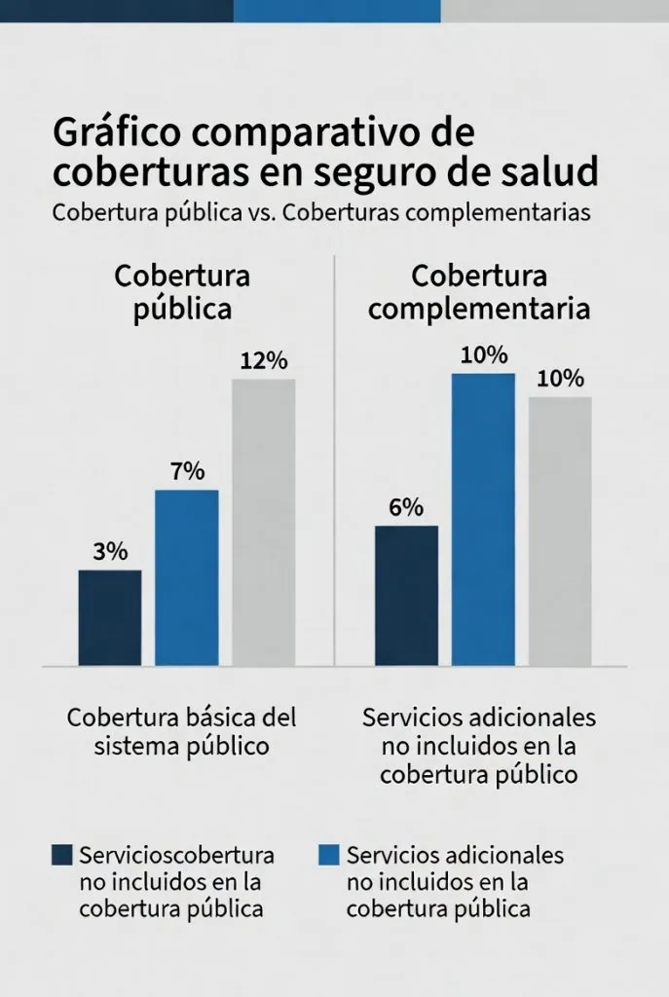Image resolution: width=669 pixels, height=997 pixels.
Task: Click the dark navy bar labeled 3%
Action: [110, 617]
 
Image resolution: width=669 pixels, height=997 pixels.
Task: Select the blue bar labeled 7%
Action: [187, 577]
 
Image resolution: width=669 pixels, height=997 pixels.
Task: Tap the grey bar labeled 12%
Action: [263, 522]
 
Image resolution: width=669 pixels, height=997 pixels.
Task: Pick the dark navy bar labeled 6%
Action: [406, 595]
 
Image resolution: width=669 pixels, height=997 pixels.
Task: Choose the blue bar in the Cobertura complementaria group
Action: [483, 519]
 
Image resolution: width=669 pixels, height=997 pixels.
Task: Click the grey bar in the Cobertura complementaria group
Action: [560, 531]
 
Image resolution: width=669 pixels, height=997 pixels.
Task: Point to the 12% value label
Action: [264, 361]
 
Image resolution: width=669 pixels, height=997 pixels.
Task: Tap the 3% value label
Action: [110, 551]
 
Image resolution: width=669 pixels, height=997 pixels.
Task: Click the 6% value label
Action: [406, 507]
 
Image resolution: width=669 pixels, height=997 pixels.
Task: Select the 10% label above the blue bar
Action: [484, 355]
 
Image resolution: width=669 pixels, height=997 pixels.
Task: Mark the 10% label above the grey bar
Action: [560, 379]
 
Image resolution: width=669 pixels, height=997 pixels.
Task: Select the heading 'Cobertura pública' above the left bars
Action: [183, 292]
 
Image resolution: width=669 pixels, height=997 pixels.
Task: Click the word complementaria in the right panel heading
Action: [480, 310]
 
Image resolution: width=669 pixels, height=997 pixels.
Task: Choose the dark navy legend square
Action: [61, 855]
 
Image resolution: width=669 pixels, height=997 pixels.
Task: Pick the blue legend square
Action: [329, 855]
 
